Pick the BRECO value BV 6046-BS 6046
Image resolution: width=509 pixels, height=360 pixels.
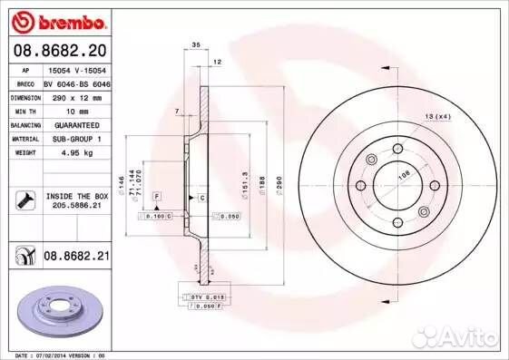pyautogui.click(x=76, y=83)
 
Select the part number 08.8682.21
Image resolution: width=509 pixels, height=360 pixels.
pyautogui.click(x=76, y=258)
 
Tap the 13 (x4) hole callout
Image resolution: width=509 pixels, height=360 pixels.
pyautogui.click(x=439, y=117)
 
